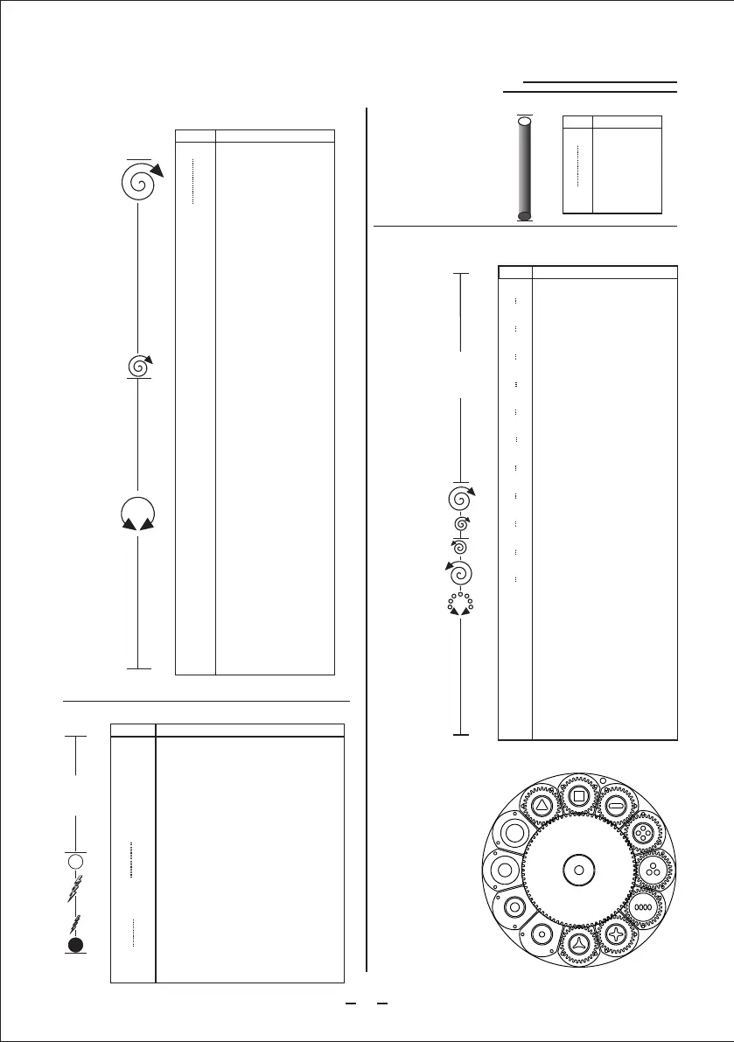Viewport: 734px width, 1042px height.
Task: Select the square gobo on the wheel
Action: (x=578, y=795)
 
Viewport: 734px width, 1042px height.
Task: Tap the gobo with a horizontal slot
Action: (x=614, y=803)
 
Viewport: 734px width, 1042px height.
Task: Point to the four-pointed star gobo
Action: (x=618, y=936)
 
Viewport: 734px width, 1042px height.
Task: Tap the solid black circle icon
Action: (x=76, y=944)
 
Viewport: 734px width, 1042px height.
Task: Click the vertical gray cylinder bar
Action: (x=524, y=168)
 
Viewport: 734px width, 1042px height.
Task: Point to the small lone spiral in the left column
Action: (x=138, y=366)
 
